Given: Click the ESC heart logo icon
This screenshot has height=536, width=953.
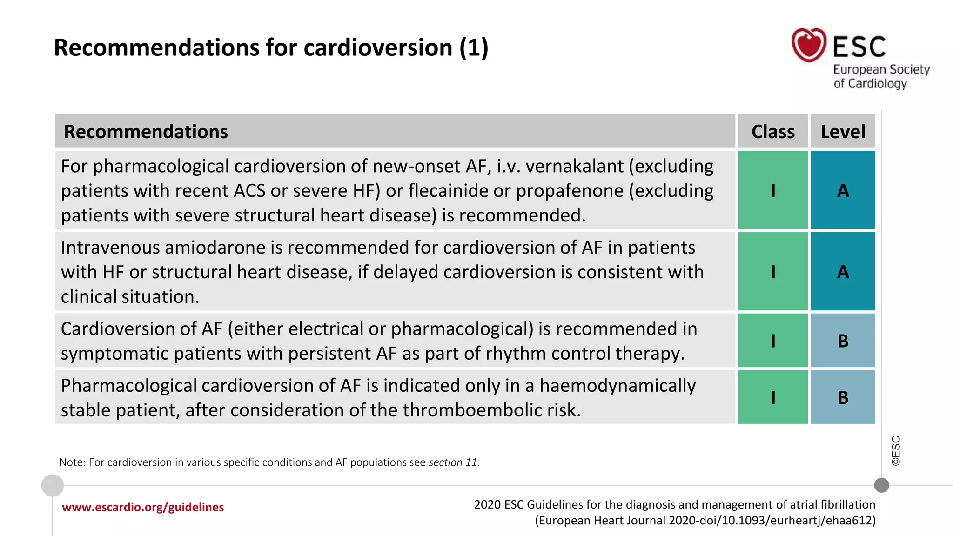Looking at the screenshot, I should [809, 45].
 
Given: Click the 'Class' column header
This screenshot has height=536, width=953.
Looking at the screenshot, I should [773, 132].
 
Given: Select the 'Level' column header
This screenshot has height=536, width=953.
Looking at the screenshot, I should [843, 132].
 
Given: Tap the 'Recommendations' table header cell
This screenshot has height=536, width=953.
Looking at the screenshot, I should [146, 132].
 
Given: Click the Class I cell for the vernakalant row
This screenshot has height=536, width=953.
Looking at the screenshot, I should [773, 190].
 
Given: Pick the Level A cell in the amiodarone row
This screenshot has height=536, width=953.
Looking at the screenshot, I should [843, 272].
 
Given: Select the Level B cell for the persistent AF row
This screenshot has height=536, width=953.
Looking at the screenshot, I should [843, 341].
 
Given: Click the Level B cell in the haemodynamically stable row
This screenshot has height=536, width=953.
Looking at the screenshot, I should [843, 397].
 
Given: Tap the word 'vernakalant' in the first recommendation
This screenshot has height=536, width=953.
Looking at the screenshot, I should [574, 166].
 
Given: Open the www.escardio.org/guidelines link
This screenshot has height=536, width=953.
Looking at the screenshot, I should [143, 507].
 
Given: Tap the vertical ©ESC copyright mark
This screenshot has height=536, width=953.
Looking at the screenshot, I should [896, 450].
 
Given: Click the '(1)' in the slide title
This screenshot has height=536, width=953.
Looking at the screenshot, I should [474, 47].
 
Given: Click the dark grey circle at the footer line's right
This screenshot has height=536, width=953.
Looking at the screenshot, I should [881, 485].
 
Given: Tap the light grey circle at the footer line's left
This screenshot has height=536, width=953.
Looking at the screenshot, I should [53, 485].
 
